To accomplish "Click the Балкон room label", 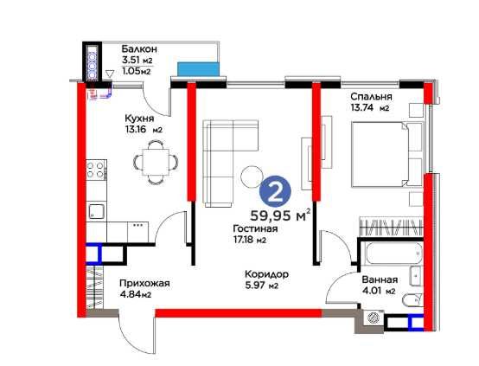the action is coord(139,49).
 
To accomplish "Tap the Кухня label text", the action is coord(139,119).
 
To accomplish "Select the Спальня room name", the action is coord(371,97).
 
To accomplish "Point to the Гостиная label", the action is coord(255,228).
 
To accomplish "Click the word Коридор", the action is coord(266,274).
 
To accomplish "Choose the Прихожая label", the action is coord(144,284).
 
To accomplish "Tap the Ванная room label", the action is coord(380,279).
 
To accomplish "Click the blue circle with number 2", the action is coord(275,191).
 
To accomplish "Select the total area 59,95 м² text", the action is coord(280,215).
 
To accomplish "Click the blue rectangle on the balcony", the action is coord(199,69).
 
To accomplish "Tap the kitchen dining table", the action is coord(156,162).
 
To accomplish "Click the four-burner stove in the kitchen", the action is coord(96,170).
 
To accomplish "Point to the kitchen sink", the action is coord(97,211).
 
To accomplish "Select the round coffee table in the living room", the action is coord(252,177).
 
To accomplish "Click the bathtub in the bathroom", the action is coord(394,254).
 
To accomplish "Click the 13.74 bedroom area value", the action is coord(361,107).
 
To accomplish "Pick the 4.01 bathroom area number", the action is coord(372,291).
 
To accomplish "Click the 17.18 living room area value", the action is coord(244,240).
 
